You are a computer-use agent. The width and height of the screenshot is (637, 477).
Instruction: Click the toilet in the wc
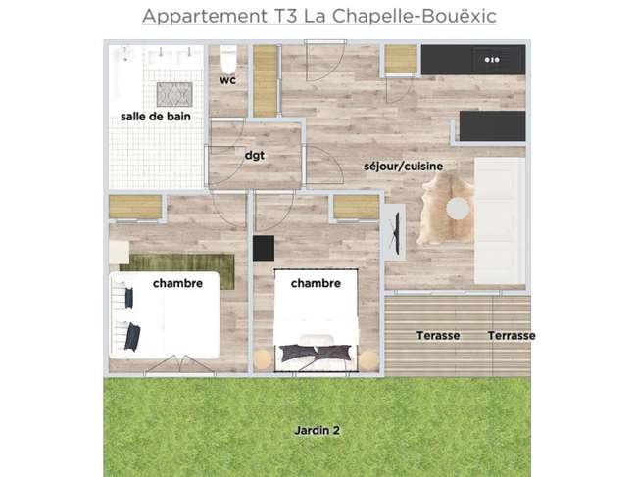click(x=228, y=60)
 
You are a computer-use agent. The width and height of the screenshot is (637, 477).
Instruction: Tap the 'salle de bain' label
click(x=156, y=117)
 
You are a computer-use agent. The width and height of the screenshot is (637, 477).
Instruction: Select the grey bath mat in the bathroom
click(x=174, y=94)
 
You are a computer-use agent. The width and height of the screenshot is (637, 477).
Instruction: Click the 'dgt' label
click(x=255, y=155)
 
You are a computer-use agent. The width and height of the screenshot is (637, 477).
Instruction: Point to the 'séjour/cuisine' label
click(x=404, y=167)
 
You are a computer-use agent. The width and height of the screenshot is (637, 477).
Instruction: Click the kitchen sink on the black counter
click(x=492, y=60)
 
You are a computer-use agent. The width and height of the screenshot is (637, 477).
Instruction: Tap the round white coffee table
click(x=459, y=209)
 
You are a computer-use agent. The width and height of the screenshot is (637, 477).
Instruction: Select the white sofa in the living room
click(x=500, y=220)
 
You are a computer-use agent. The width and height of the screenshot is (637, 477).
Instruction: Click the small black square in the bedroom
click(x=264, y=248)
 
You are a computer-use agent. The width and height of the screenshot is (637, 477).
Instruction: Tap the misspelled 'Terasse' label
click(x=438, y=336)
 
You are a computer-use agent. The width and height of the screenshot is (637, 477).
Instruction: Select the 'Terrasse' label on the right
click(x=512, y=336)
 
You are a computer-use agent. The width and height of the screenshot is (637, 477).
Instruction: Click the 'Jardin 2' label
click(x=317, y=430)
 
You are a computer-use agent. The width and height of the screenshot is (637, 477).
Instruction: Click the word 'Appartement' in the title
click(x=205, y=17)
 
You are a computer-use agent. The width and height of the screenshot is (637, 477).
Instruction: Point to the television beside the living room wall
click(x=395, y=232)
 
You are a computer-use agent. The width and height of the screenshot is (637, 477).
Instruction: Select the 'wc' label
click(x=228, y=80)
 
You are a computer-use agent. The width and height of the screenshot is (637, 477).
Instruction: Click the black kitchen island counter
click(x=492, y=125)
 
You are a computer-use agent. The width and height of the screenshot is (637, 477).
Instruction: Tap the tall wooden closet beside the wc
click(x=265, y=81)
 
